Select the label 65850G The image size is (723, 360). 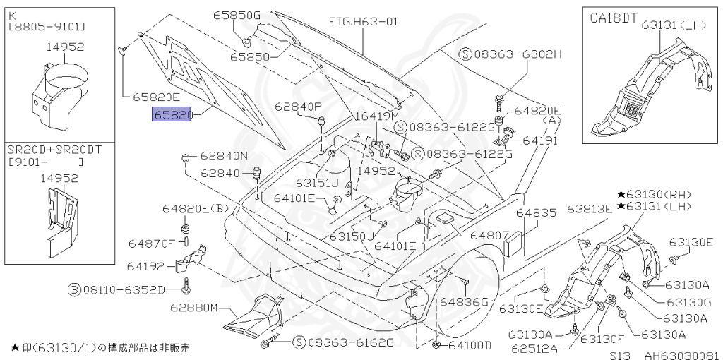point(237,14)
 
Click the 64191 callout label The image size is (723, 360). point(541,140)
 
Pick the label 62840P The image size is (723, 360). point(298,106)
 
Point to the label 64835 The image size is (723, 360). point(536,212)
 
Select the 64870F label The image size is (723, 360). point(151,244)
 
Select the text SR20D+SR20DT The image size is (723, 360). point(45,150)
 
